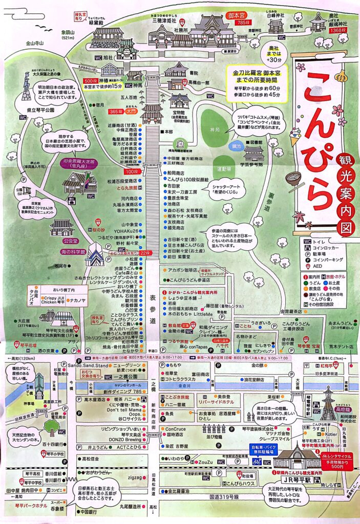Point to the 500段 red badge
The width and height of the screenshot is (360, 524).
(x=90, y=81)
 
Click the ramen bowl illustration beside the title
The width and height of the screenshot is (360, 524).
(x=294, y=182)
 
